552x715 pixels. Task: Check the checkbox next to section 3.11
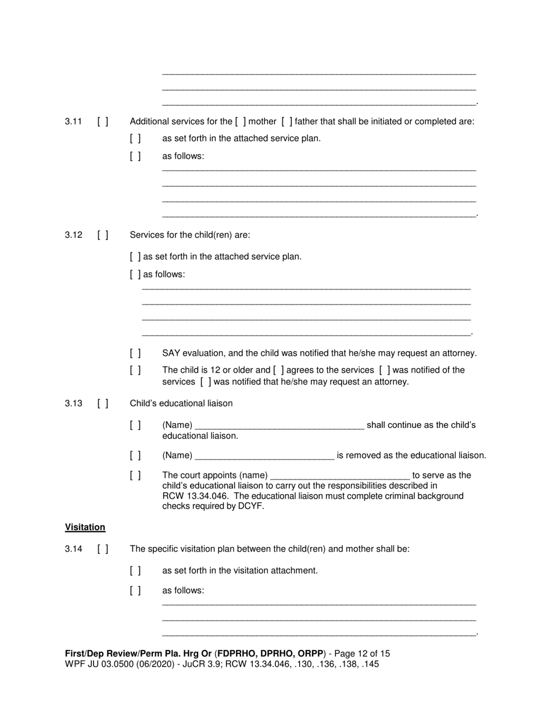[103, 121]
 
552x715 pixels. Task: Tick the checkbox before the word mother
[241, 121]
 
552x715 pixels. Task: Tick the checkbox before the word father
[286, 121]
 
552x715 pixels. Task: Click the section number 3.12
[73, 235]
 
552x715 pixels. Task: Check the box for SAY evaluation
[135, 353]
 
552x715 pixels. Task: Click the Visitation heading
[85, 527]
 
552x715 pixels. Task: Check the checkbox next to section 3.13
[103, 403]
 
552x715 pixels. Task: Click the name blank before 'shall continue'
[279, 426]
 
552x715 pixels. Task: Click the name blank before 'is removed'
[265, 456]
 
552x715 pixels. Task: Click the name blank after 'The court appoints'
[340, 476]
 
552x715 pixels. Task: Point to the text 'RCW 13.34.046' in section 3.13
[191, 496]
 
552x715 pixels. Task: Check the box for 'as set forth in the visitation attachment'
[135, 570]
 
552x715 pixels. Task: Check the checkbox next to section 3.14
[103, 549]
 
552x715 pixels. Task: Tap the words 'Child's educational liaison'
[181, 403]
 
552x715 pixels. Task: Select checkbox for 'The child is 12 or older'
[135, 370]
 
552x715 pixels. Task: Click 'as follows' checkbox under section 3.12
[135, 274]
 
